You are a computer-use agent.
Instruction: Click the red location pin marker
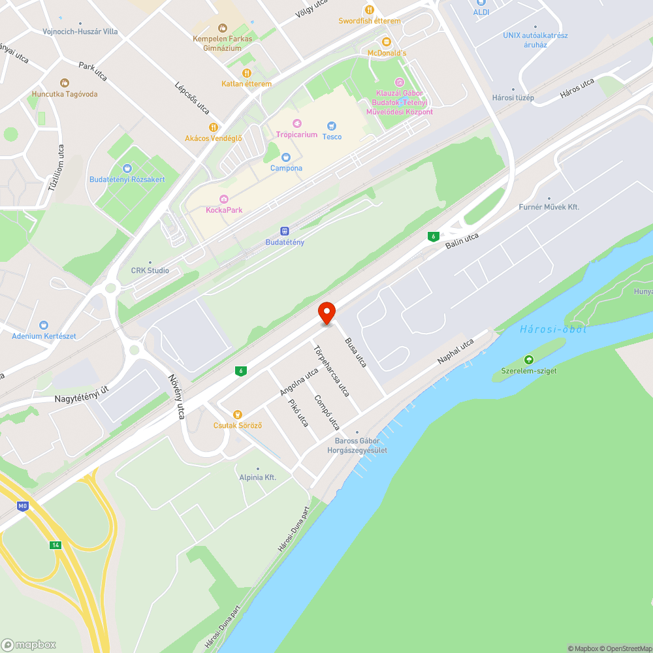326,312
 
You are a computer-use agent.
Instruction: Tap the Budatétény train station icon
285,231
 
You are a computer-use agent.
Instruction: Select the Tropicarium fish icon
297,123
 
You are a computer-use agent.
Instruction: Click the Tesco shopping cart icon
332,125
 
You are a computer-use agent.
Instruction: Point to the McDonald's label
387,53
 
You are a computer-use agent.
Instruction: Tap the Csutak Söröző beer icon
238,414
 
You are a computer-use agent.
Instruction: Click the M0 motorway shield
24,505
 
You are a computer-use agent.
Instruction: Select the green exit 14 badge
56,545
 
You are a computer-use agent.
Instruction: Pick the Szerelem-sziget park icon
528,360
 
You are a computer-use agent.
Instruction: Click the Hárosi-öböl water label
553,329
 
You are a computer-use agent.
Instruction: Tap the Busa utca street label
357,352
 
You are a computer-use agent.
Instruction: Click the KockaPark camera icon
224,199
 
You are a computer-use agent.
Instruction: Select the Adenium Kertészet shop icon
44,325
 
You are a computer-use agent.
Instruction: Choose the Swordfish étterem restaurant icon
369,10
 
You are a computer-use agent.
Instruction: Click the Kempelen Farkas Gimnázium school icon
222,27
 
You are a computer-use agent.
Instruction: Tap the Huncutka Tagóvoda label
65,94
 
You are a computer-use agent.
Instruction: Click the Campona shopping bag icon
285,157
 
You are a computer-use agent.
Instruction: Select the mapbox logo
29,645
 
